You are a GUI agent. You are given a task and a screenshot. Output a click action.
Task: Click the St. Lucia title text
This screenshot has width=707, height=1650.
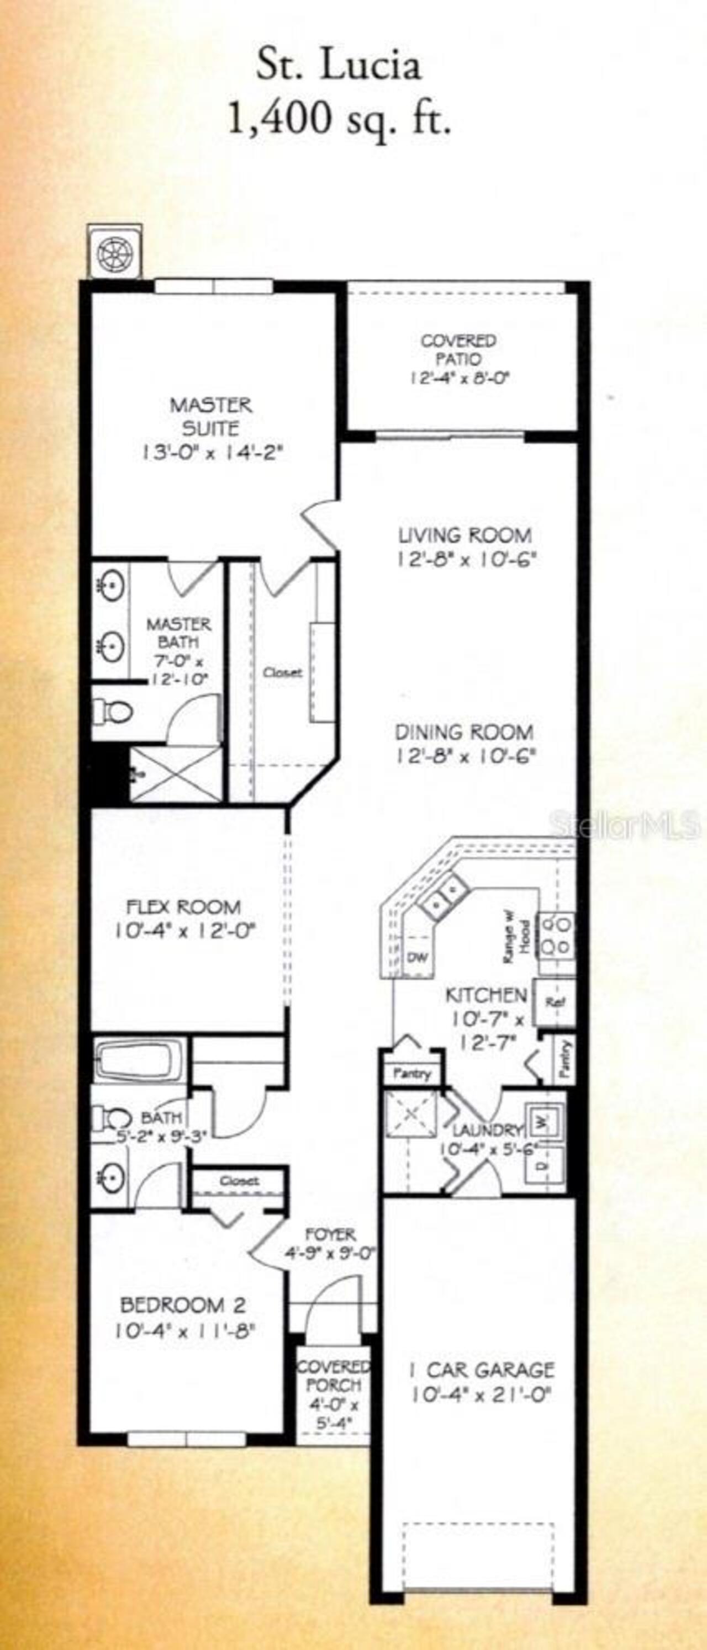tap(339, 67)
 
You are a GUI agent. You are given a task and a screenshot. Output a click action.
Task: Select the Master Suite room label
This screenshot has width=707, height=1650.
tap(211, 416)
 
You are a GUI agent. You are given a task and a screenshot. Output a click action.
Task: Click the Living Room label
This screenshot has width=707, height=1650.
tap(465, 534)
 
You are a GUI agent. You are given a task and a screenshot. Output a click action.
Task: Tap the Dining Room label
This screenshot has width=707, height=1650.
tap(464, 731)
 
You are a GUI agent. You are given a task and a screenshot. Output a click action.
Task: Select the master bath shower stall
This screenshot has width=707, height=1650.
tap(175, 774)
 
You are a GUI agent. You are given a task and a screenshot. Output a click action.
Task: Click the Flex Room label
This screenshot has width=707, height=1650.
tap(184, 906)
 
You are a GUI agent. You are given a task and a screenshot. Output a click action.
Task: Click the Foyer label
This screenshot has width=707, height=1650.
tap(330, 1234)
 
